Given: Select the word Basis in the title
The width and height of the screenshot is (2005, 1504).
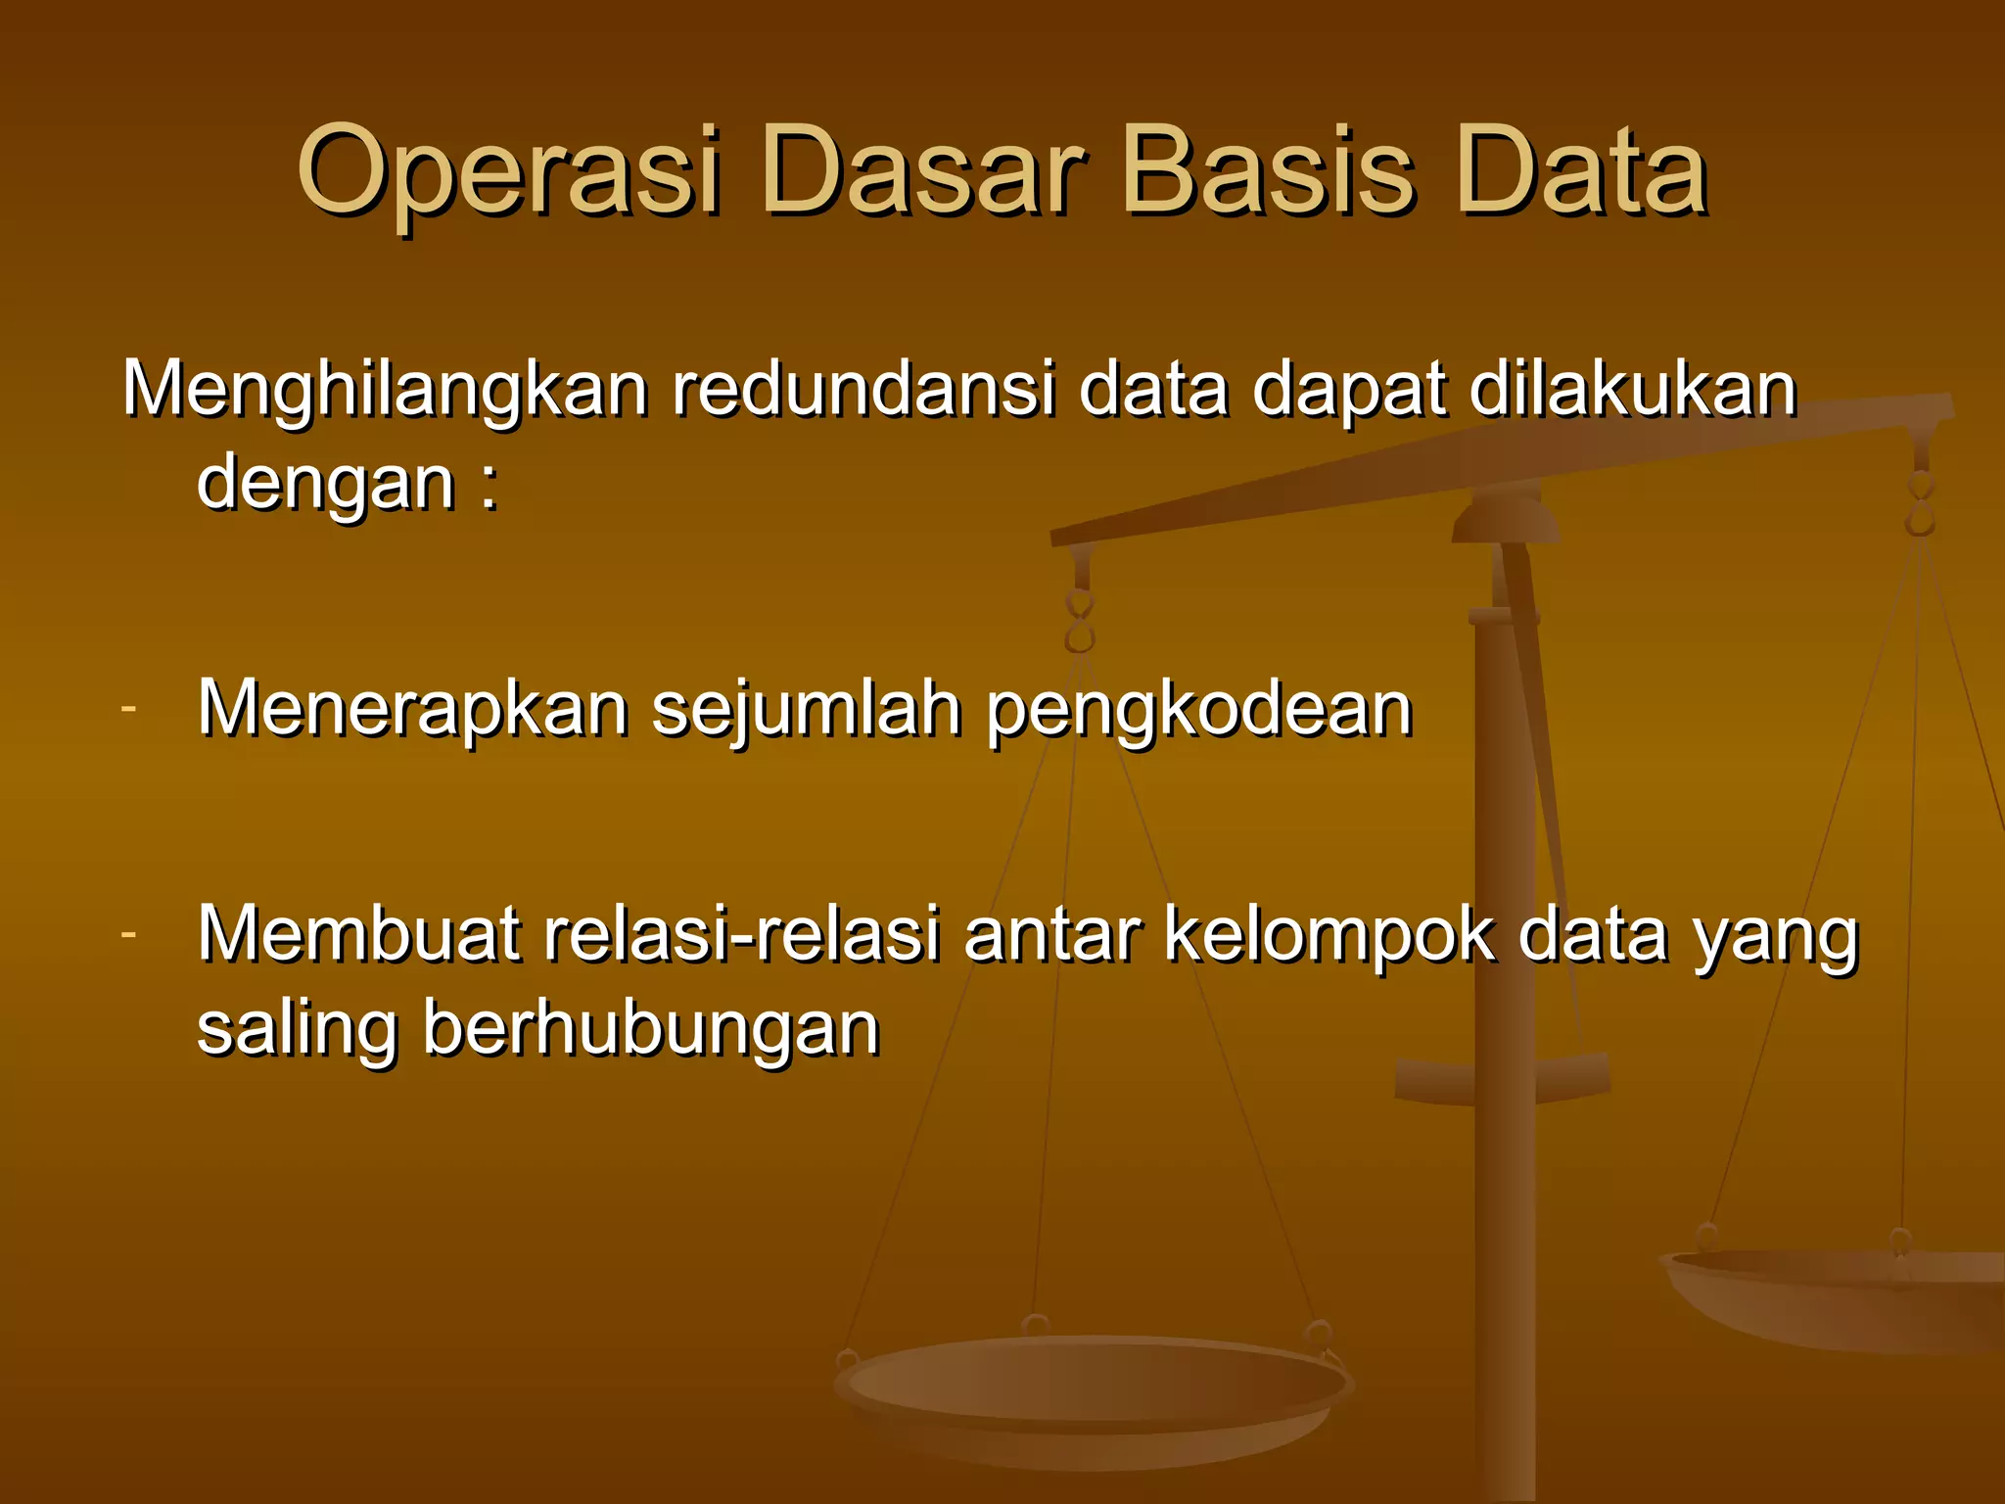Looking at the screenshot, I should [x=1269, y=171].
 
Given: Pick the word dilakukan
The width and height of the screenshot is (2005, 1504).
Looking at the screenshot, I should [x=1632, y=390].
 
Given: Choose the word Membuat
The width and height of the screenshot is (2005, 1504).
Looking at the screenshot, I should [x=358, y=935].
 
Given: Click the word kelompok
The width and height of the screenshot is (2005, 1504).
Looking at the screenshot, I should [x=1329, y=935].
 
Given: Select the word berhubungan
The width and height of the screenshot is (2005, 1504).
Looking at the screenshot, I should [x=651, y=1030].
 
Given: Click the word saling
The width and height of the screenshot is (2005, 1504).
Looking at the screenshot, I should [x=297, y=1030].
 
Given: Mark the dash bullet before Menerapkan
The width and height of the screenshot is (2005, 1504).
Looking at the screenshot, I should [x=129, y=709].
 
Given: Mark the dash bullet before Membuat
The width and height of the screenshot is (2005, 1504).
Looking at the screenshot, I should [x=129, y=935].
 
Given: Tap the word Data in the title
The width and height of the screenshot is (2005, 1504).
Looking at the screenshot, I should [x=1581, y=171].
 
